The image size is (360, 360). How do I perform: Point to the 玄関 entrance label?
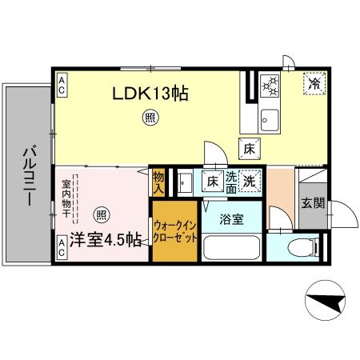(x=313, y=203)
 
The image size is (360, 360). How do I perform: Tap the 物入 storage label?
(x=158, y=182)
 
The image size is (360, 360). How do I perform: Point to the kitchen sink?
(x=269, y=121)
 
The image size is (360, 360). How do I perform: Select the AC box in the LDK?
(x=62, y=80)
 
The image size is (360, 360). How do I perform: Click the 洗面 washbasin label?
(x=231, y=182)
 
